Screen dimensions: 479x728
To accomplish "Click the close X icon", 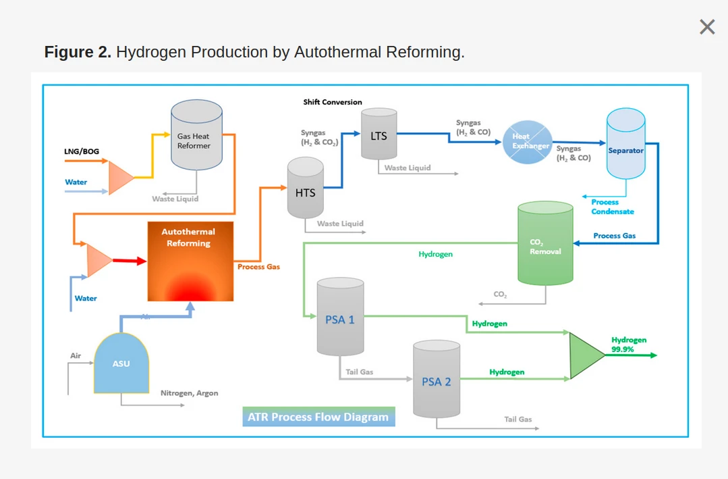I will pos(707,27).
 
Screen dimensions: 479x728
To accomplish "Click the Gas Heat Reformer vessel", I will pos(196,135).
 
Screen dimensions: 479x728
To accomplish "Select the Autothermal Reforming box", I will pos(190,261).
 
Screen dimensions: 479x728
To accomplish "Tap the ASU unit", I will pos(121,363).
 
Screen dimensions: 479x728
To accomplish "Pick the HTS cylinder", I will pos(306,188).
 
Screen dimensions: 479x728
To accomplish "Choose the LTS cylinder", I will pos(379,135).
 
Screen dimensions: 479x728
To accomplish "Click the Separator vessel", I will pos(625,145).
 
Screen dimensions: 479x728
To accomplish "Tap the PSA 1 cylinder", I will pos(340,318).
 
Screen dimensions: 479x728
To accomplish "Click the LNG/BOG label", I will pos(82,151).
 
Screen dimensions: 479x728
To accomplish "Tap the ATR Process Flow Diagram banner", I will pos(318,417).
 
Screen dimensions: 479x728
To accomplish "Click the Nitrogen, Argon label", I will pos(189,393).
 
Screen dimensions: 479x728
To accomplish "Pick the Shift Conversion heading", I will pos(333,102).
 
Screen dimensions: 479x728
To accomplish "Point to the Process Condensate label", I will pos(613,207).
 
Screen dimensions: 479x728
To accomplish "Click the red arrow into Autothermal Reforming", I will pos(130,261).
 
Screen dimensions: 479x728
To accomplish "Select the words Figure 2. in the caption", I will pos(78,52).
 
